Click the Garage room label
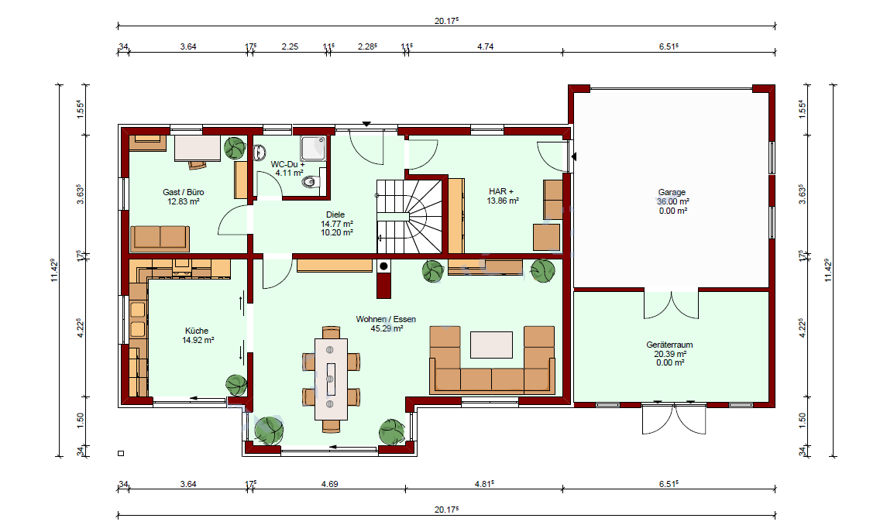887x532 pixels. (672, 192)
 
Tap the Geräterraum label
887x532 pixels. (670, 345)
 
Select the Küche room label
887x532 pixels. (197, 331)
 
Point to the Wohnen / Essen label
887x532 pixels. (386, 319)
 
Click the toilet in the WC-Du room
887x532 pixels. (311, 182)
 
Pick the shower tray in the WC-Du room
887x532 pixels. (314, 148)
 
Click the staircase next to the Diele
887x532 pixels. (409, 217)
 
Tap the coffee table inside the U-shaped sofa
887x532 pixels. (492, 345)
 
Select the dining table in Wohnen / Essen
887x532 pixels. (331, 379)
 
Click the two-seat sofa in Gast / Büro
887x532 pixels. (160, 238)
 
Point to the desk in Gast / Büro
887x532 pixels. (197, 148)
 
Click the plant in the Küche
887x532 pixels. (236, 385)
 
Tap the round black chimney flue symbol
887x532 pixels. (383, 266)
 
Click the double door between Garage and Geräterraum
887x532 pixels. (672, 304)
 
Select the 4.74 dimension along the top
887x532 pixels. (486, 46)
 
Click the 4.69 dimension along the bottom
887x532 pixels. (330, 484)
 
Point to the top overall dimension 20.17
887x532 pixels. (446, 21)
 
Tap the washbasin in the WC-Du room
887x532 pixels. (260, 153)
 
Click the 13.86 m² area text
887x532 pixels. (504, 201)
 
